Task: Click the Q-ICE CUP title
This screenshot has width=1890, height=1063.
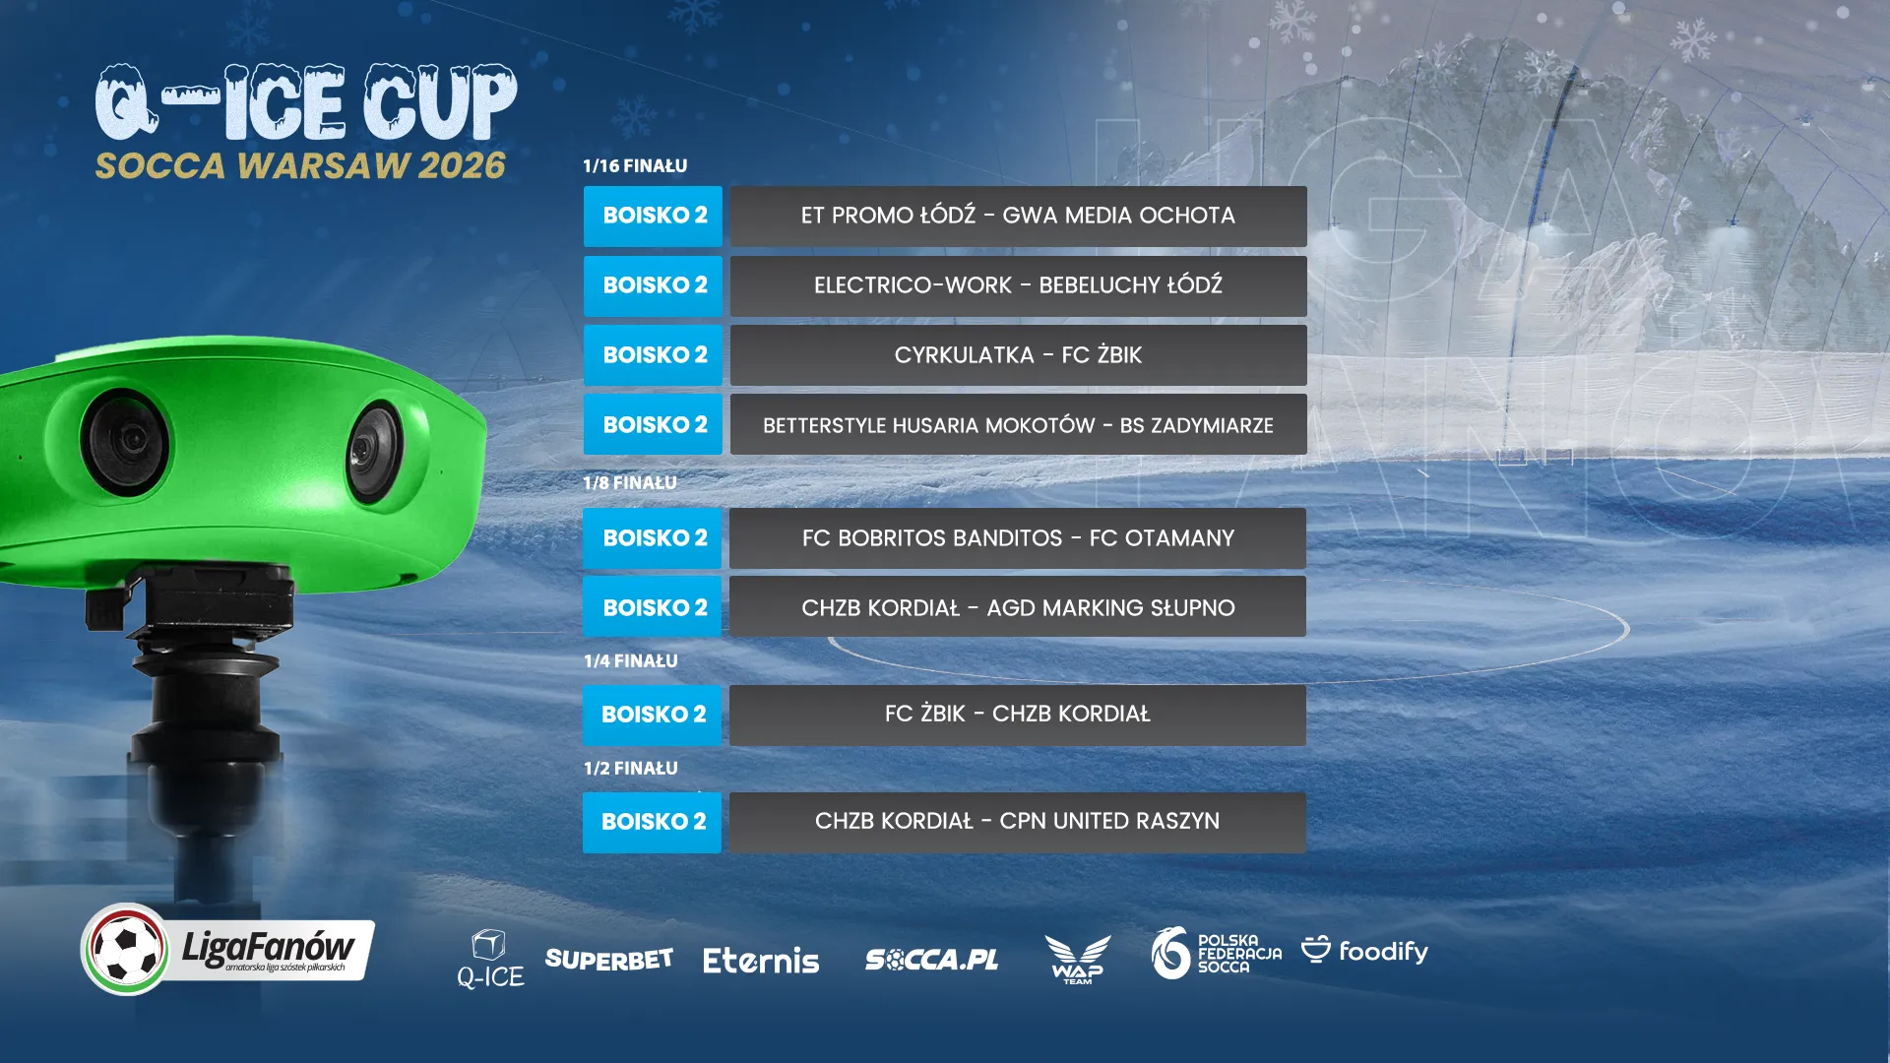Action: (x=306, y=102)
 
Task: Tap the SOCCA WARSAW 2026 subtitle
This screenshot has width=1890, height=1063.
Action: (x=300, y=165)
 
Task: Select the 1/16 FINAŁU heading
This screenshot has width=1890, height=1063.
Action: (x=635, y=166)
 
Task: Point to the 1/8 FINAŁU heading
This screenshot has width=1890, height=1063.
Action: (x=630, y=483)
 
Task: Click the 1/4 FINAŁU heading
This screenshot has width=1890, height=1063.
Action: (x=630, y=661)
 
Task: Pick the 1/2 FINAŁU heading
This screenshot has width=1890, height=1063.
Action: (x=630, y=769)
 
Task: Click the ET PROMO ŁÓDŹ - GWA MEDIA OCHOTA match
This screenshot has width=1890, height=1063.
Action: (x=1018, y=217)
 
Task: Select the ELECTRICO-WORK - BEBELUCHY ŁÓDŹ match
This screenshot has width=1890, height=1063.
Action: (x=1018, y=286)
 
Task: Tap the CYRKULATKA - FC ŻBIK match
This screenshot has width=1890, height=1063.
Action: (x=1018, y=355)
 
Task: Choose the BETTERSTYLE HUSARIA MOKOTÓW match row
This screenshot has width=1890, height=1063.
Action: (x=1018, y=425)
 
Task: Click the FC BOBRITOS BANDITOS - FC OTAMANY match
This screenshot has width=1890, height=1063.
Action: (x=1018, y=538)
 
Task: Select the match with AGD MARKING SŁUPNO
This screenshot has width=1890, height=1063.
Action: (x=1018, y=608)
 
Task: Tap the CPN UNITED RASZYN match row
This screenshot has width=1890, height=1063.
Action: (x=1018, y=822)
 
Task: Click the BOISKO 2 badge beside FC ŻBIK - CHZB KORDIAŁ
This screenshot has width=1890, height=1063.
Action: (x=653, y=716)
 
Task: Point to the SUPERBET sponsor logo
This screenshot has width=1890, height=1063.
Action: (x=608, y=960)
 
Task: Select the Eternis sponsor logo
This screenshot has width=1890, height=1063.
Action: (x=760, y=961)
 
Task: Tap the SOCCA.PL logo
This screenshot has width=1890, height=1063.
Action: (x=931, y=960)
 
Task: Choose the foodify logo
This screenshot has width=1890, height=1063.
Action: (x=1364, y=951)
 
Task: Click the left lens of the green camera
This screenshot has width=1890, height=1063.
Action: (x=125, y=442)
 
